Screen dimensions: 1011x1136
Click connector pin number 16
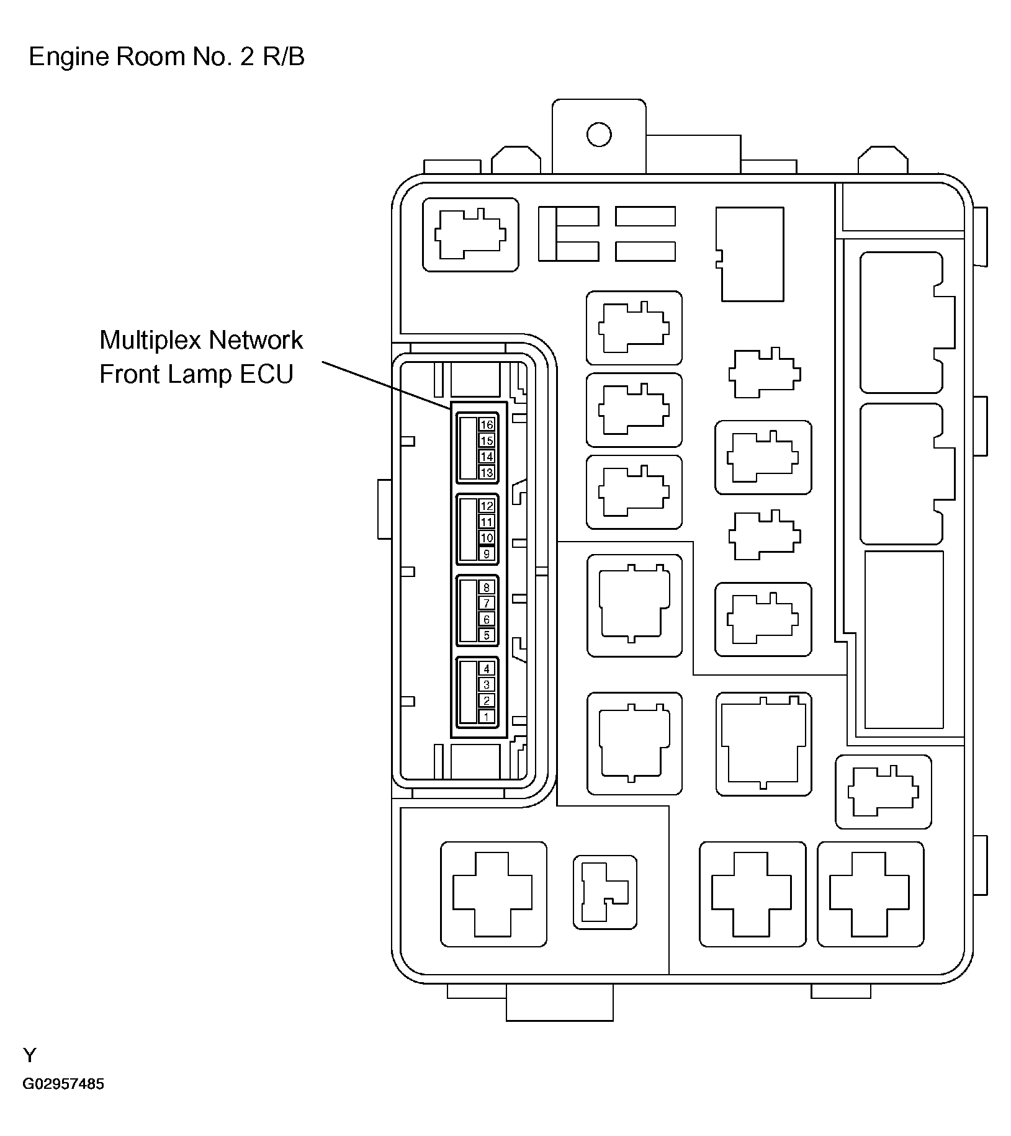(x=487, y=424)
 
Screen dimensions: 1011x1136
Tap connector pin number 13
(x=487, y=473)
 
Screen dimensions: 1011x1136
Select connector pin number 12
(x=487, y=506)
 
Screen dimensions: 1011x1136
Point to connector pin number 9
(x=487, y=554)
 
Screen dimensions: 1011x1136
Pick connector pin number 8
(x=487, y=587)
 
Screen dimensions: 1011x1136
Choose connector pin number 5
(x=487, y=635)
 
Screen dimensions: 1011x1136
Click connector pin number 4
(x=487, y=668)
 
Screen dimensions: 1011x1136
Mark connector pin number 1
(x=487, y=717)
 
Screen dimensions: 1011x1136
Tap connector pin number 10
(x=487, y=538)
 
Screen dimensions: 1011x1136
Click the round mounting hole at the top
(x=599, y=134)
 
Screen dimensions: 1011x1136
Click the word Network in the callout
(x=256, y=340)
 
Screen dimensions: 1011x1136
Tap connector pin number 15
(x=487, y=441)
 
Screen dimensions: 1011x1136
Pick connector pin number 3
(x=487, y=684)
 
